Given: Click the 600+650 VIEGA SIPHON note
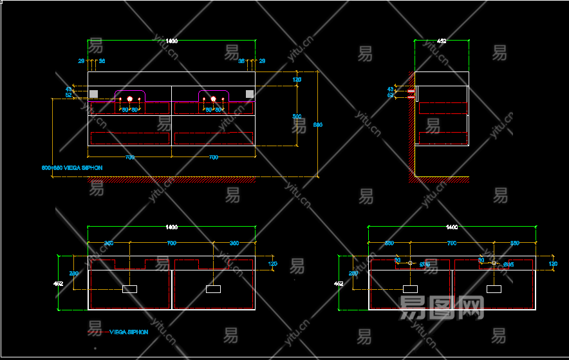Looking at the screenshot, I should click(72, 167).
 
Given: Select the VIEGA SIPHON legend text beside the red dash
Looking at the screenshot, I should click(129, 332).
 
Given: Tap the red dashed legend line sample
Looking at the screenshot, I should click(95, 332).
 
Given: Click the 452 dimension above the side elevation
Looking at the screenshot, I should click(442, 41).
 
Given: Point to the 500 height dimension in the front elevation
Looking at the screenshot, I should click(297, 116).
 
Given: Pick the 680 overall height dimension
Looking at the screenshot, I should click(317, 124).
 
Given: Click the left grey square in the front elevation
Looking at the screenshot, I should click(93, 94).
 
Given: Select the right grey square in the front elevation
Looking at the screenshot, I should click(250, 94).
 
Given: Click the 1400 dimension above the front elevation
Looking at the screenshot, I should click(171, 41).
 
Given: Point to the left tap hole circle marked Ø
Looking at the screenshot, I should click(410, 263).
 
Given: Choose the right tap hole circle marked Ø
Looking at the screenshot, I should click(494, 263).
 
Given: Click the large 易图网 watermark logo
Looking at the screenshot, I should click(442, 308).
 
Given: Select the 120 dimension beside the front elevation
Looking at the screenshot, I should click(297, 80).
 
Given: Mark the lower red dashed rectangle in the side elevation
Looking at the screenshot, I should click(443, 138).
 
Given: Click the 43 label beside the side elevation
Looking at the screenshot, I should click(390, 89).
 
